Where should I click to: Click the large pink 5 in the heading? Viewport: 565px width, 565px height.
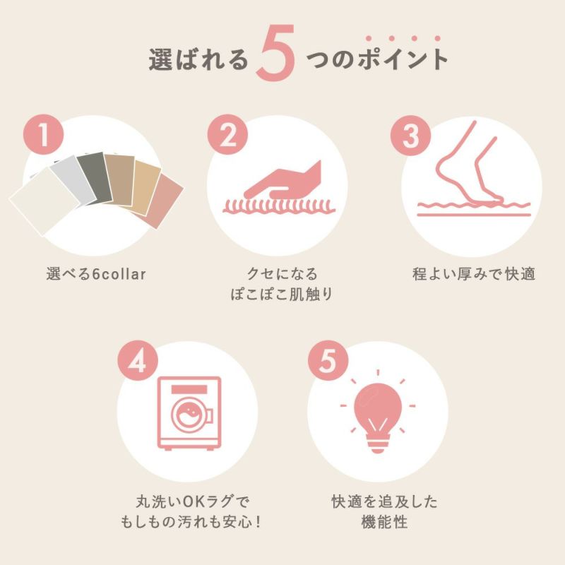pyautogui.click(x=275, y=53)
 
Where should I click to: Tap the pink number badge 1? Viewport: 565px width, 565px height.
pyautogui.click(x=44, y=135)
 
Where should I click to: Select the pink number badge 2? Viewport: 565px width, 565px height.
pyautogui.click(x=227, y=135)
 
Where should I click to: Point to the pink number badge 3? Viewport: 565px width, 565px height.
pyautogui.click(x=411, y=136)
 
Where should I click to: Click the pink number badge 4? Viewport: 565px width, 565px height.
pyautogui.click(x=138, y=361)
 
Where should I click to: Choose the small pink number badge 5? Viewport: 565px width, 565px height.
pyautogui.click(x=328, y=360)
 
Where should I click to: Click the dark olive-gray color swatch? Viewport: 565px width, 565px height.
pyautogui.click(x=95, y=178)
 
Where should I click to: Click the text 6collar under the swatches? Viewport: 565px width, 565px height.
pyautogui.click(x=119, y=274)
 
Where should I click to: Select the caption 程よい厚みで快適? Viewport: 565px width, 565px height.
pyautogui.click(x=473, y=274)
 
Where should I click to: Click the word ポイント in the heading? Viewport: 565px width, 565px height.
pyautogui.click(x=403, y=59)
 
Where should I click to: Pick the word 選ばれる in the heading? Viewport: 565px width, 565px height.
pyautogui.click(x=198, y=59)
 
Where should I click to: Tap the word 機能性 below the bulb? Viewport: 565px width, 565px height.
pyautogui.click(x=384, y=522)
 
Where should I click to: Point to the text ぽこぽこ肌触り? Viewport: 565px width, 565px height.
pyautogui.click(x=281, y=295)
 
